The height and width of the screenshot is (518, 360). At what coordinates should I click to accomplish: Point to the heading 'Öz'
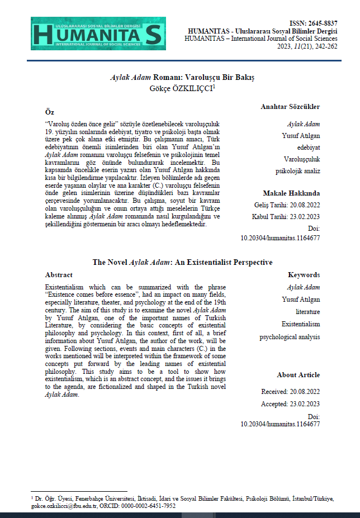[49, 112]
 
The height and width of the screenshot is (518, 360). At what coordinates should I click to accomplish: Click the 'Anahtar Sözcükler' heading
[290, 106]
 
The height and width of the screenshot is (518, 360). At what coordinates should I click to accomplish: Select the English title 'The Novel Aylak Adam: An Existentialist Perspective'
[182, 262]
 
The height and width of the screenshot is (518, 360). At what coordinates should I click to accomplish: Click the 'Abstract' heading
[59, 275]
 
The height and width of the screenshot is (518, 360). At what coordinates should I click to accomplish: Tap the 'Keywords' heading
[304, 275]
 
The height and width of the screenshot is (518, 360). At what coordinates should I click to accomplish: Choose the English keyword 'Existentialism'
[301, 324]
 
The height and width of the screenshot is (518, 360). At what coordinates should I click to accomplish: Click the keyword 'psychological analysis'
[290, 337]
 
